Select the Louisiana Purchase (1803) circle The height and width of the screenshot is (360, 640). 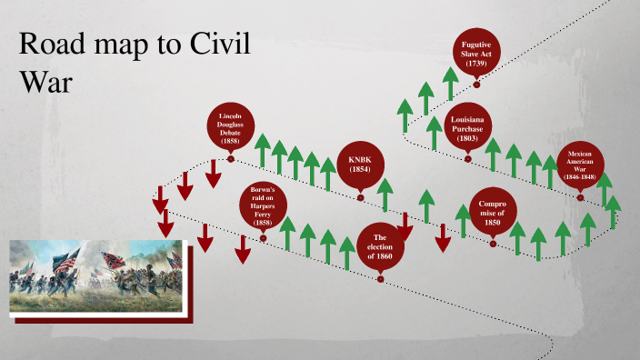468,129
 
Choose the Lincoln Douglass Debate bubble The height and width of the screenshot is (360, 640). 231,130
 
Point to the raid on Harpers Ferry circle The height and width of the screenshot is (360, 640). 263,208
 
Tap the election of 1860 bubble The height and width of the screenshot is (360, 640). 381,245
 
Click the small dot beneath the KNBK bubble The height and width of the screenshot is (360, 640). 361,197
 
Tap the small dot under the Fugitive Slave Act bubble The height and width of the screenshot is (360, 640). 476,85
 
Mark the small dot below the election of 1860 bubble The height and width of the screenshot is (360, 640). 381,279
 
